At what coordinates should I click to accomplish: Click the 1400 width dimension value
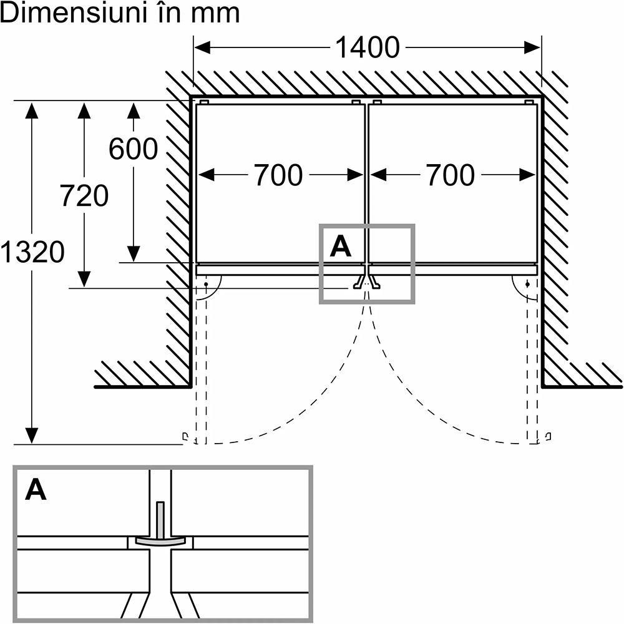pos(368,47)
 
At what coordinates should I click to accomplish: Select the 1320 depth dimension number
pos(32,252)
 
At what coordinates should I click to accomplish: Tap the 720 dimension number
pos(84,197)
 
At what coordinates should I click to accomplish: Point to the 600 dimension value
pos(133,149)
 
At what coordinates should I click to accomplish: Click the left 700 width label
pos(278,175)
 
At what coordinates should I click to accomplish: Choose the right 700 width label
pos(451,175)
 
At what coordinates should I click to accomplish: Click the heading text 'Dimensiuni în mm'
pos(120,13)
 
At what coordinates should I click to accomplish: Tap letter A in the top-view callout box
pos(341,247)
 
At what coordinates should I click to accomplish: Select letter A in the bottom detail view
pos(36,490)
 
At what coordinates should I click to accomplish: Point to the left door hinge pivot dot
pos(206,284)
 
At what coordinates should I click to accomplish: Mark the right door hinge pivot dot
pos(529,284)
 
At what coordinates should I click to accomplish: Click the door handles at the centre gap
pos(366,281)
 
